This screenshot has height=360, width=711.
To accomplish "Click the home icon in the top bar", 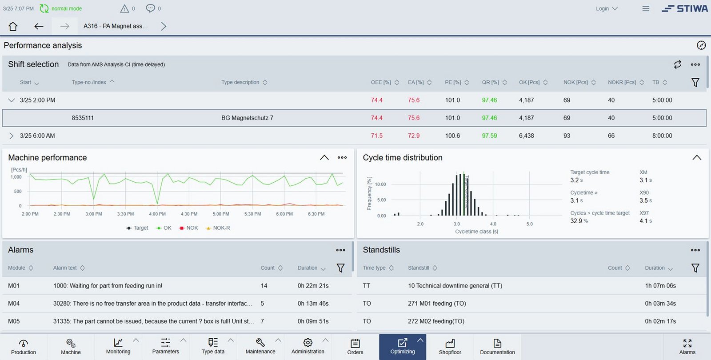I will point(13,26).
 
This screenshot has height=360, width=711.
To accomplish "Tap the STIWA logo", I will point(685,8).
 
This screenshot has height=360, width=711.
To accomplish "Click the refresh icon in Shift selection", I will point(677,64).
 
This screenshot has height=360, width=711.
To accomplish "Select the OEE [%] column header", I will point(381,82).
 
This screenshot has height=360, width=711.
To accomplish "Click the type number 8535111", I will point(83,118).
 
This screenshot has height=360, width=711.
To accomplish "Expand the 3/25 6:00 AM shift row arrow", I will point(12,136).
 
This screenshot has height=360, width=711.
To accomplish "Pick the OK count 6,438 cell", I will point(526,136).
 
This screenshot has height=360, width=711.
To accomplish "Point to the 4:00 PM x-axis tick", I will point(157,214).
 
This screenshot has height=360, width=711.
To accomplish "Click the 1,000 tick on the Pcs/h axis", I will point(16,177).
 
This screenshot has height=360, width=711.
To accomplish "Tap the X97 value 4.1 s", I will point(645,221).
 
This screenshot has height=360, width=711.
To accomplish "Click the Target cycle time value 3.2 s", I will point(576,180).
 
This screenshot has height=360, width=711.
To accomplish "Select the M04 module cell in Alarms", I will point(14,304).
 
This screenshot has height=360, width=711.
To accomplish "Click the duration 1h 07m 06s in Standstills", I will point(660,286).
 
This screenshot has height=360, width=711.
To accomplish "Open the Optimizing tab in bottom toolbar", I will point(402,347).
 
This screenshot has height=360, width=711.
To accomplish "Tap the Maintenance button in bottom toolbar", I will point(260,347).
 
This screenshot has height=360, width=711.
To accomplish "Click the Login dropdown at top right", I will point(607,8).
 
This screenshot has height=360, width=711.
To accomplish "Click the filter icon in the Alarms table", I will point(340,268).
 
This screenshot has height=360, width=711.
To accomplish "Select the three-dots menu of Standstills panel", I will point(695,250).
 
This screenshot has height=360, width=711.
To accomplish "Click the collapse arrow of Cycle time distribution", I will point(696,158).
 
